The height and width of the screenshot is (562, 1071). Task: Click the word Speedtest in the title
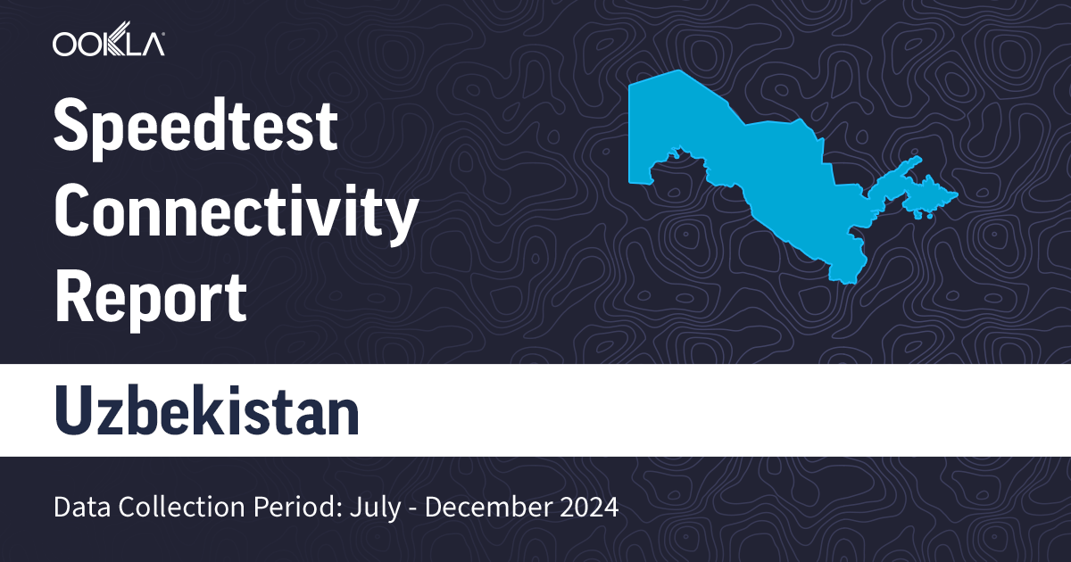click(x=196, y=128)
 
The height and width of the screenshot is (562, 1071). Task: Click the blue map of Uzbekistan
click(x=750, y=169)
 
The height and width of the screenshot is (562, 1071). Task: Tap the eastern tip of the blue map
click(x=956, y=194)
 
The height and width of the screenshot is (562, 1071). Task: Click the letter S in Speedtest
click(x=70, y=128)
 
